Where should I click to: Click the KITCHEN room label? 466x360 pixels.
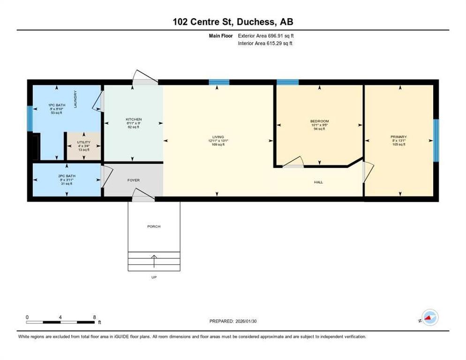[133, 120]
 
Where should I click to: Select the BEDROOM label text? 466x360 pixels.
[319, 121]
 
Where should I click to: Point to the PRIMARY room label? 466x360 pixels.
[398, 137]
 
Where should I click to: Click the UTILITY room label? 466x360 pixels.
[83, 142]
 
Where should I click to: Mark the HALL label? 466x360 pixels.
[318, 182]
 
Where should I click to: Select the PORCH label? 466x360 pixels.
[154, 226]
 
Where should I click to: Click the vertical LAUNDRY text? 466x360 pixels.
[75, 98]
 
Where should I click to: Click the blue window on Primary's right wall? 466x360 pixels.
[436, 140]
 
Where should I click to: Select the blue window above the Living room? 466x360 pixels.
[219, 82]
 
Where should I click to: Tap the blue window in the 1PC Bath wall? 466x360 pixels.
[30, 119]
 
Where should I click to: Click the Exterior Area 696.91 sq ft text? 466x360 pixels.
[266, 35]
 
